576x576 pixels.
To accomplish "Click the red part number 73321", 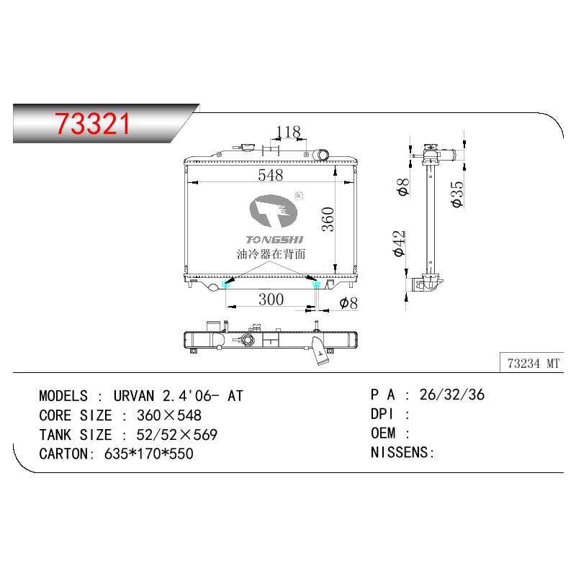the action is click(93, 124).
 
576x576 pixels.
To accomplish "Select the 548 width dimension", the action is click(271, 175).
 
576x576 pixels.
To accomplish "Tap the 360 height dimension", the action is click(328, 220).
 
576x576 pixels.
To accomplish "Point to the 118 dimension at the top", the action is click(289, 132).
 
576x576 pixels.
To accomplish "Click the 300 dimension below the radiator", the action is click(271, 300).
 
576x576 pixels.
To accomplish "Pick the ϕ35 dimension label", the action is click(457, 194).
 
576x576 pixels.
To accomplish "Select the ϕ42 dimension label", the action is click(399, 243).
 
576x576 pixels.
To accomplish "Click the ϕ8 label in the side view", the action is click(403, 187).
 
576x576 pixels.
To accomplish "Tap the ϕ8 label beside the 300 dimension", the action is click(348, 303).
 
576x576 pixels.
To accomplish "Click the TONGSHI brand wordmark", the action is click(274, 240).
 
